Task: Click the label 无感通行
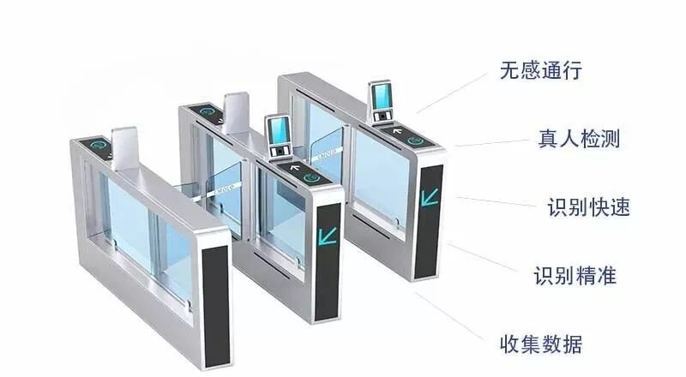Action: point(541,71)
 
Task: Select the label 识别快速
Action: point(588,207)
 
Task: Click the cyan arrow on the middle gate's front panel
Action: point(328,234)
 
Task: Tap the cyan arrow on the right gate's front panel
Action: point(430,196)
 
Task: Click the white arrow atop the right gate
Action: point(397,130)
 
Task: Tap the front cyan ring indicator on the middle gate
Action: point(312,178)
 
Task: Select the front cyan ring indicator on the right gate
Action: point(416,140)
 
